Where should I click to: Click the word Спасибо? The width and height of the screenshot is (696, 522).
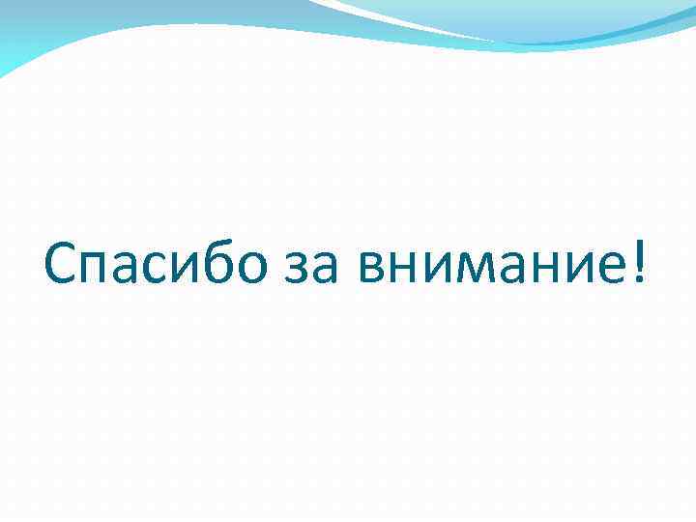(155, 263)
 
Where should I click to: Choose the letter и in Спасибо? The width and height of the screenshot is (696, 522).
(195, 271)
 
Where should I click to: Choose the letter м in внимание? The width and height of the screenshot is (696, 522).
(472, 271)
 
